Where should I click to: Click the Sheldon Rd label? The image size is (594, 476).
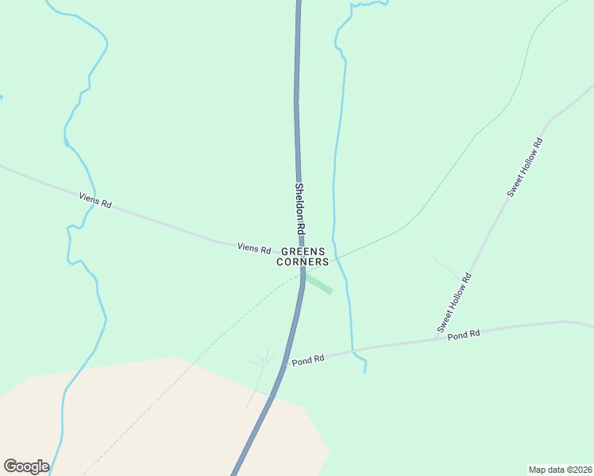point(300,208)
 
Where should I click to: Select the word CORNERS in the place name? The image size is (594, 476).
point(303,262)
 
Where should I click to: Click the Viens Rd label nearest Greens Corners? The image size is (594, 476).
point(254,248)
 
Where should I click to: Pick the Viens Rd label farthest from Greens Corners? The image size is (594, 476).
point(95,199)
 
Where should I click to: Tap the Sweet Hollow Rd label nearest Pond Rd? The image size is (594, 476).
point(455,302)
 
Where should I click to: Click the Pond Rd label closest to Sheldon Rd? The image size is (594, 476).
point(308,359)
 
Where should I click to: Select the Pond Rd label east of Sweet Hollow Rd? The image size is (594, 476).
point(464,335)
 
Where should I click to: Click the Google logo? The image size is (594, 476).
point(26,466)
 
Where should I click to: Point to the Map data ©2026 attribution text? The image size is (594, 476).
point(560,469)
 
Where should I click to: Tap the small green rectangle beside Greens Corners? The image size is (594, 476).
point(318,284)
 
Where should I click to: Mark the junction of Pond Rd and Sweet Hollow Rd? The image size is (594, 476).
point(437,339)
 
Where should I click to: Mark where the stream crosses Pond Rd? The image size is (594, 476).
point(352,350)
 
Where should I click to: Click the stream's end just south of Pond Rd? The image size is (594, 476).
point(364,372)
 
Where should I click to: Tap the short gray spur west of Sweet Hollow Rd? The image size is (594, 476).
point(445,266)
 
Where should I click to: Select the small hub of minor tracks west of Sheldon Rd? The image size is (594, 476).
point(264,362)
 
